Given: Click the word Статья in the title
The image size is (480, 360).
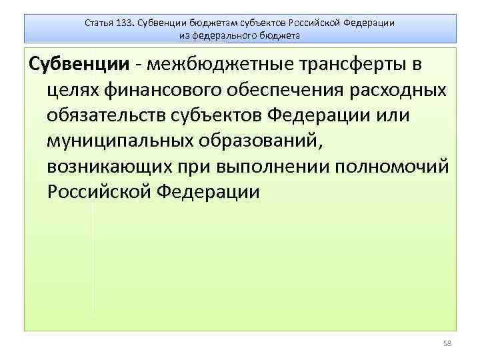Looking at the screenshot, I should [99, 22].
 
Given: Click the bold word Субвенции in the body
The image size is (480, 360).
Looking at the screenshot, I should [75, 65].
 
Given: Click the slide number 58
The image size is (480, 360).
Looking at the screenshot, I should [447, 343].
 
